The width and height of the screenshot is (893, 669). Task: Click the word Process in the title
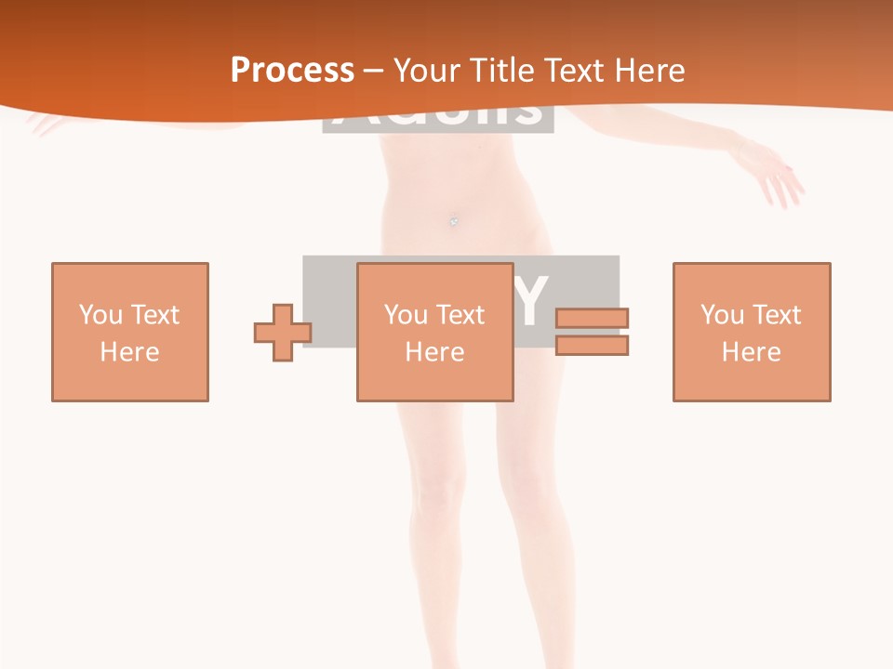[292, 70]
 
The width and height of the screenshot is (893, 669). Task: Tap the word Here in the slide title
[646, 70]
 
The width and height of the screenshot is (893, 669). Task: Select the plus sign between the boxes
[283, 332]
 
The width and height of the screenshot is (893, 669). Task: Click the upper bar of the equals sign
[592, 318]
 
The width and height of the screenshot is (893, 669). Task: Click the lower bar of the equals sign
[592, 345]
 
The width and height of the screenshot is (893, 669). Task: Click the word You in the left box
[100, 315]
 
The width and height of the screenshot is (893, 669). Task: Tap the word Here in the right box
[751, 352]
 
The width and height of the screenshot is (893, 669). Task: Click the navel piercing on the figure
[454, 221]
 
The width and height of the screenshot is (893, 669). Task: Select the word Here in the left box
[129, 352]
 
